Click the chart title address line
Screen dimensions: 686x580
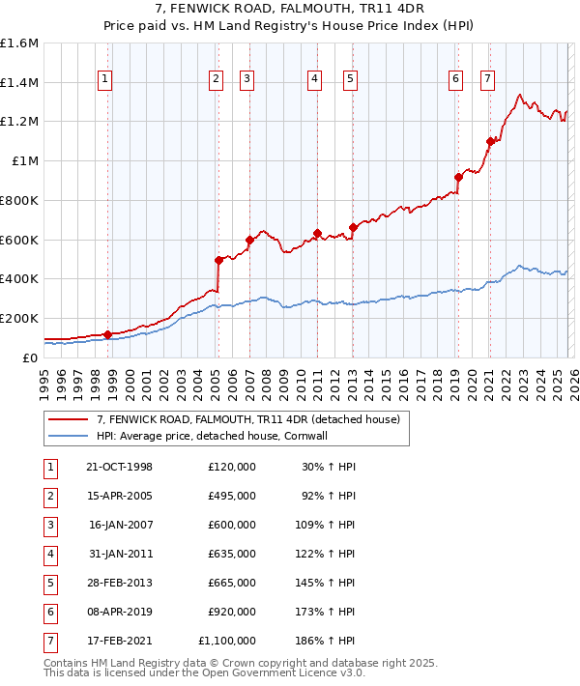coord(290,9)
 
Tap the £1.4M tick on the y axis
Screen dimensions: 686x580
coord(19,83)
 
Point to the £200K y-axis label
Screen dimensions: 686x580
coord(19,318)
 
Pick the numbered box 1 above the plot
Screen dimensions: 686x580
coord(104,80)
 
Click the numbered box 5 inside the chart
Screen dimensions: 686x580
coord(349,80)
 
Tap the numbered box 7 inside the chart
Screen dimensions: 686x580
coord(487,80)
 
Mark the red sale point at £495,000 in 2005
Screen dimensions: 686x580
coord(219,260)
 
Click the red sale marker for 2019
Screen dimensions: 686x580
coord(458,177)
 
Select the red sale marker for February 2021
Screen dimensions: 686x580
coord(490,142)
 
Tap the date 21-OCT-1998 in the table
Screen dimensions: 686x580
coord(120,467)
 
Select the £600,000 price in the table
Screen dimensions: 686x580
coord(232,525)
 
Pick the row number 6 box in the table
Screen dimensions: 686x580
coord(47,612)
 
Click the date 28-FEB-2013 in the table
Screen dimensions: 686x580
coord(120,583)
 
